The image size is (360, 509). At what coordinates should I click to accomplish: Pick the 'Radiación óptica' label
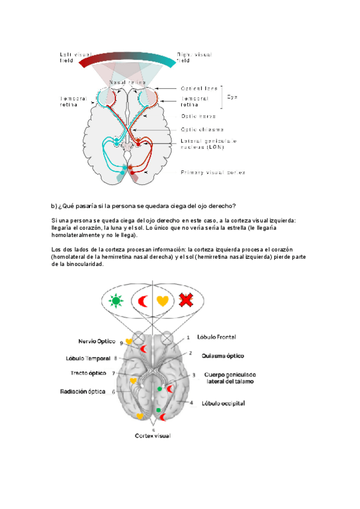point(86,391)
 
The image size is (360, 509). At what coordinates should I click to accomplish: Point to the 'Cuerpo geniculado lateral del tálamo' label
point(230,378)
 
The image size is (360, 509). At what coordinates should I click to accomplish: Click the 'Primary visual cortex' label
point(213,172)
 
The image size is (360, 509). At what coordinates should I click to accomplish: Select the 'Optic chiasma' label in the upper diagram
point(202,129)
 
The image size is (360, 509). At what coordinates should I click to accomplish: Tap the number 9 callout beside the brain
point(122,343)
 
